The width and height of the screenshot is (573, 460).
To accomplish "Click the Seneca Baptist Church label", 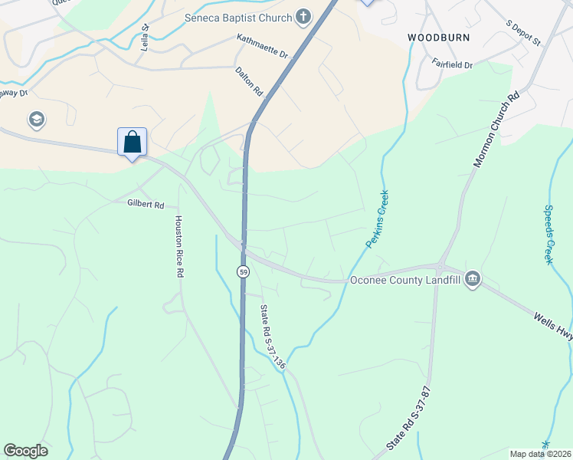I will click(x=237, y=18).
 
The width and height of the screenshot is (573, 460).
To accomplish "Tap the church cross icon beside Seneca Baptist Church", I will click(x=303, y=17).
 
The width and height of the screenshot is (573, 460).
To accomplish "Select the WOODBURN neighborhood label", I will click(x=438, y=37).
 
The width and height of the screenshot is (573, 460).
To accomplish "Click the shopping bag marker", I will click(x=132, y=142).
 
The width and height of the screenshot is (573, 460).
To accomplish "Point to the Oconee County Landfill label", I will click(x=405, y=280).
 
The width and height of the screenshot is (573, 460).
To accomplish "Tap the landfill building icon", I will click(x=472, y=278).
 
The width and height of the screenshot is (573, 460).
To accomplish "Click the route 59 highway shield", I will click(x=243, y=272).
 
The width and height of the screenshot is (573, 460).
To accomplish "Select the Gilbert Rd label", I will click(x=146, y=205).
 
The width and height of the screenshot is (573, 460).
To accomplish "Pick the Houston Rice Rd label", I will click(x=179, y=246).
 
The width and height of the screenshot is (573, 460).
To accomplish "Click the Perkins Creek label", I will click(x=377, y=219).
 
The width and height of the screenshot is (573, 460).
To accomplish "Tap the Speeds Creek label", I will click(x=548, y=234).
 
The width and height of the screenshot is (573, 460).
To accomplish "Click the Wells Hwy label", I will click(x=553, y=316).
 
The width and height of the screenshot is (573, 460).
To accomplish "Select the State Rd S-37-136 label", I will click(x=272, y=337).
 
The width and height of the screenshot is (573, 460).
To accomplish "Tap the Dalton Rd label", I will click(x=250, y=80).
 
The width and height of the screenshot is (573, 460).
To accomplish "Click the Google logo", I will click(x=25, y=451).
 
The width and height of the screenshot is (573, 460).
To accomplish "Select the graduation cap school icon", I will click(x=36, y=119).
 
